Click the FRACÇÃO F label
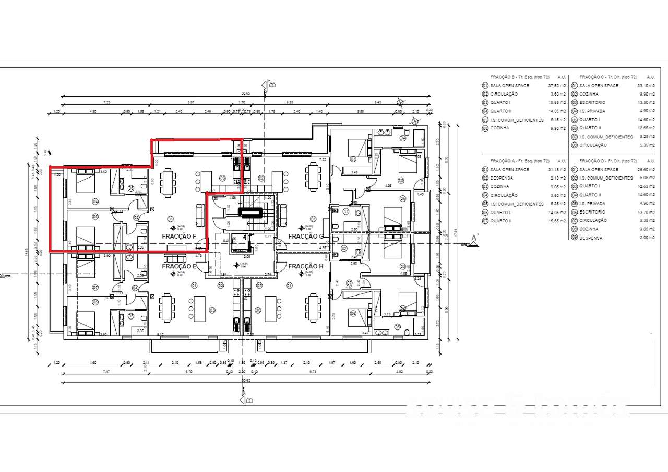pos(179,236)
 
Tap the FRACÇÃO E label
pos(179,266)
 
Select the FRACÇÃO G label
pos(306,236)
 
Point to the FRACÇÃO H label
pos(306,266)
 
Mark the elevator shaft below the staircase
pos(241,242)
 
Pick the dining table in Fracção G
pos(313,178)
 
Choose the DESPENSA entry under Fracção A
pos(501,178)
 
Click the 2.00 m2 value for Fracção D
pos(643,238)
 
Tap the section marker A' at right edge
pos(474,238)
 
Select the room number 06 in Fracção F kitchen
pos(222,179)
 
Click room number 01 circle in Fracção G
pos(314,218)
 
